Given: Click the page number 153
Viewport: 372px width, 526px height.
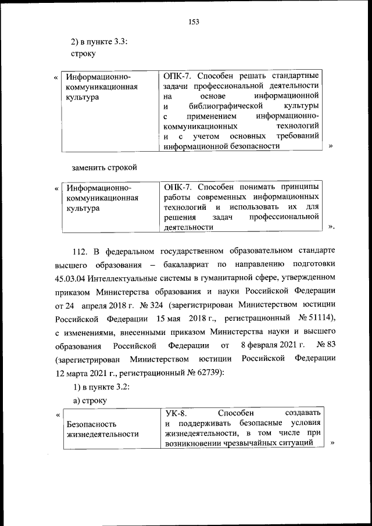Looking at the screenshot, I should (x=194, y=22).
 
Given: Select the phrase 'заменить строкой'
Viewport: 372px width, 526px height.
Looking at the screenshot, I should (x=104, y=167).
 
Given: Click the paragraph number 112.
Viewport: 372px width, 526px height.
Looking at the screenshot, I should (x=80, y=251).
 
